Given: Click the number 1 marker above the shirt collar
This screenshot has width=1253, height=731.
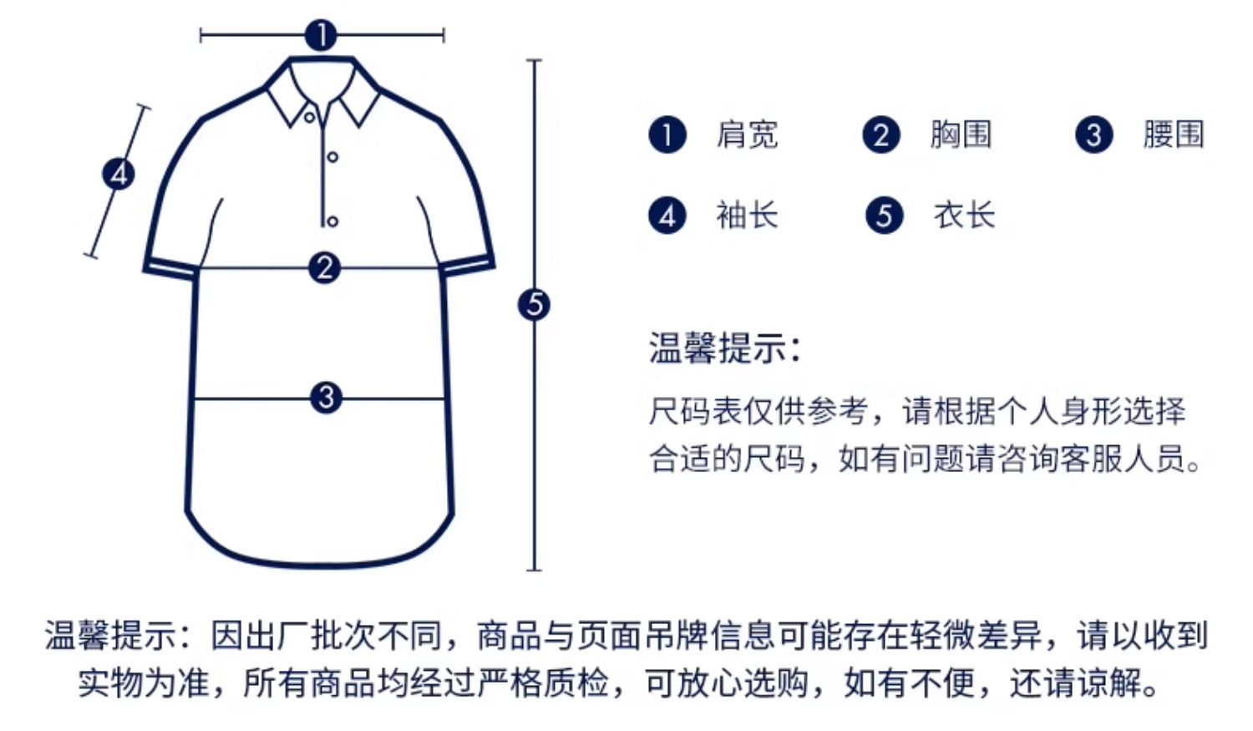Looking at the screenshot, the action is click(x=321, y=35).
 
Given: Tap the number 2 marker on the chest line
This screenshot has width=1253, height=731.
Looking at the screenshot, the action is click(x=324, y=267).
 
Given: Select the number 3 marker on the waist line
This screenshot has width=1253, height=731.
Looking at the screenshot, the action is click(x=326, y=398).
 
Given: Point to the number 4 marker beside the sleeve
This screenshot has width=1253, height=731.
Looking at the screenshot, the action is click(x=119, y=174).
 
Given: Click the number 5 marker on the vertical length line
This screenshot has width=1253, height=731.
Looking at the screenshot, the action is click(x=535, y=304).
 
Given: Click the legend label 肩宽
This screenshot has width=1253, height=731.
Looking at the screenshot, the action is click(x=747, y=135).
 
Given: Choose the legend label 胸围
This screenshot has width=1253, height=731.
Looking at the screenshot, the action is click(x=961, y=135).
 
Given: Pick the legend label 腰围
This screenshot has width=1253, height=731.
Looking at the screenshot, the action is click(x=1174, y=135).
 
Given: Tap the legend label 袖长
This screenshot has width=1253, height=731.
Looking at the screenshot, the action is click(x=747, y=216).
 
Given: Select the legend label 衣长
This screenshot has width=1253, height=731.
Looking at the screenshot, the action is click(x=964, y=216).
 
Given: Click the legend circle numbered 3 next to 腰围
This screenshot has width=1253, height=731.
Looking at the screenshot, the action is click(x=1093, y=135).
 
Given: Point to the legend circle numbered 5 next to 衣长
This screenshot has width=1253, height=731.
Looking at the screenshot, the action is click(x=884, y=216).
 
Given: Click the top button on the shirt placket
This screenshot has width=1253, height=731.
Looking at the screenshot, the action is click(x=310, y=117).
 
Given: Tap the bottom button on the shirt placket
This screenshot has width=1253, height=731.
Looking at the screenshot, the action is click(x=332, y=221).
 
